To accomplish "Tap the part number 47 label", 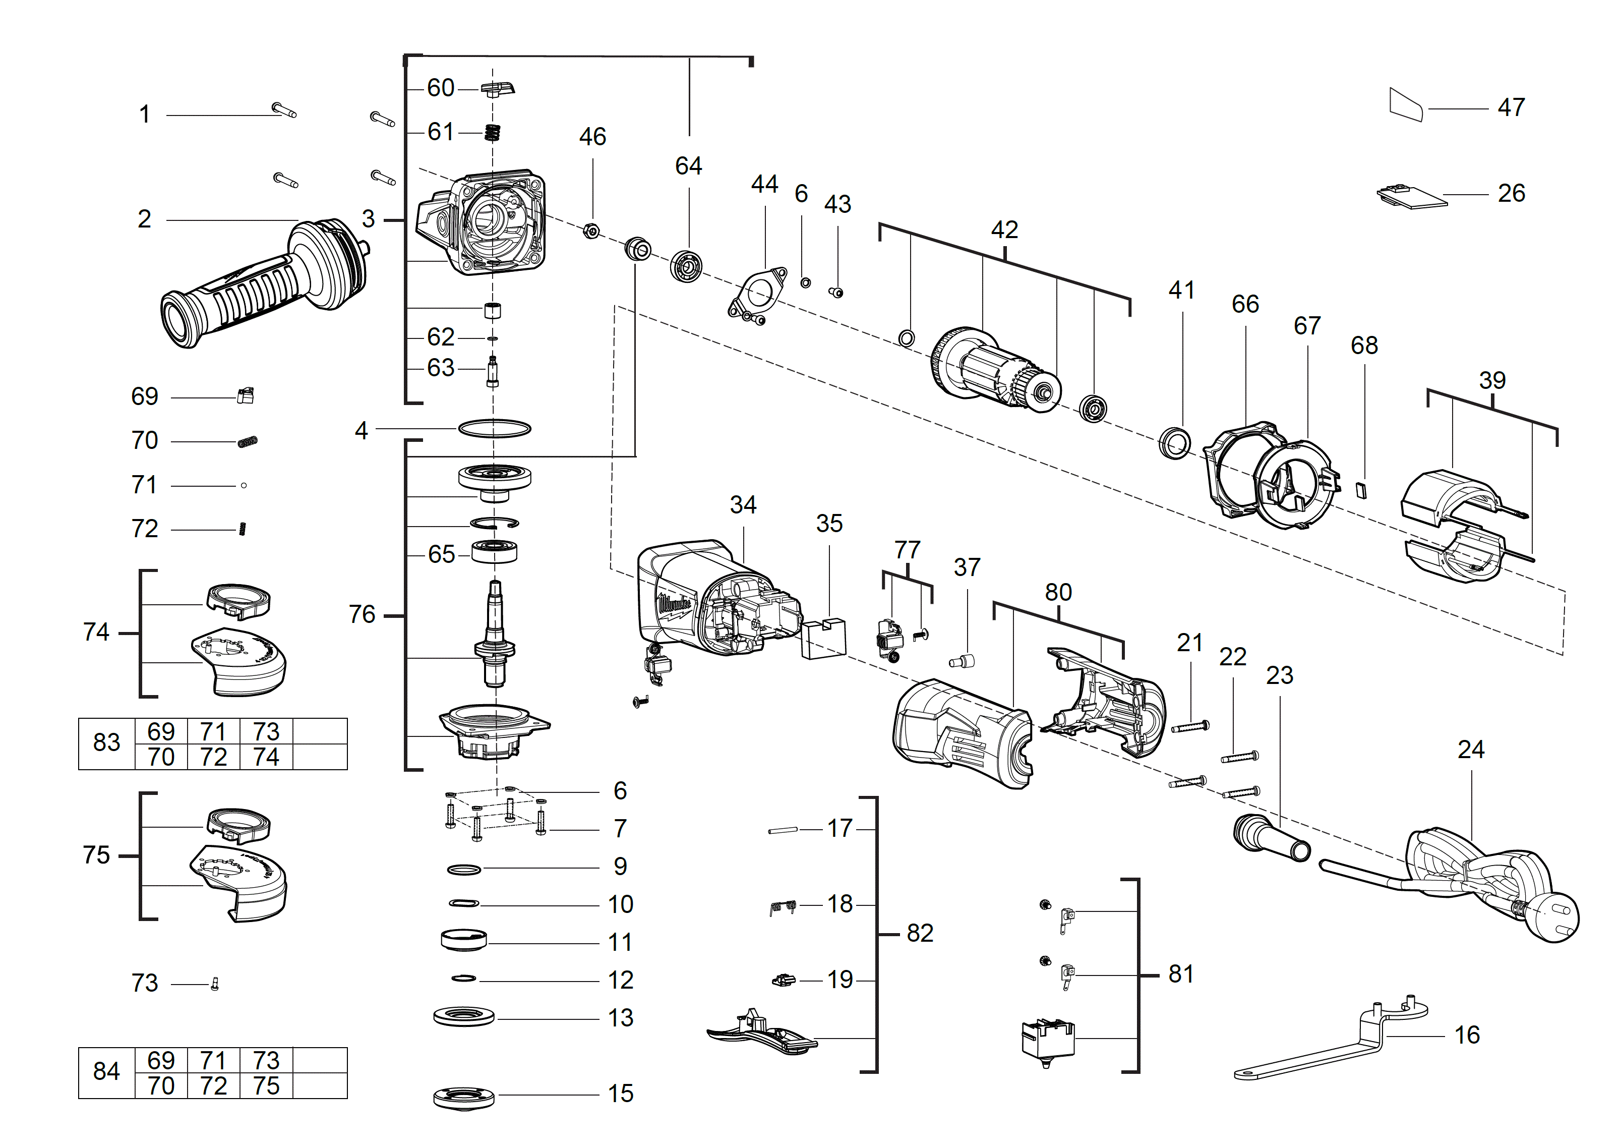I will click(x=1511, y=107).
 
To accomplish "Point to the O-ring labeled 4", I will click(x=494, y=428).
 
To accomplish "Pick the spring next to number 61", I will click(x=493, y=132).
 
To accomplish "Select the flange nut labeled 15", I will click(x=463, y=1097).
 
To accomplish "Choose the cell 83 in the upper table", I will click(x=106, y=743).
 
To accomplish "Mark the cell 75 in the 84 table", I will click(x=266, y=1086).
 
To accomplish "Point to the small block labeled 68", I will click(x=1362, y=490).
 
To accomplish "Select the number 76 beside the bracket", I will click(x=362, y=615).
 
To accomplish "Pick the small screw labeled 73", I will click(x=215, y=984).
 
